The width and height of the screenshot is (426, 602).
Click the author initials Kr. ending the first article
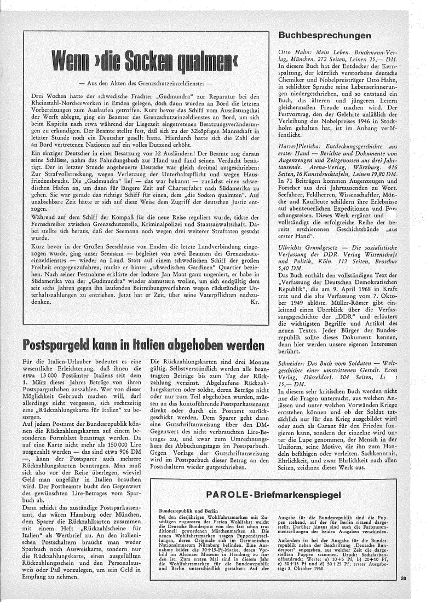[255, 301]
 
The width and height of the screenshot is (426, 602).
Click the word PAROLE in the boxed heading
[228, 495]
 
